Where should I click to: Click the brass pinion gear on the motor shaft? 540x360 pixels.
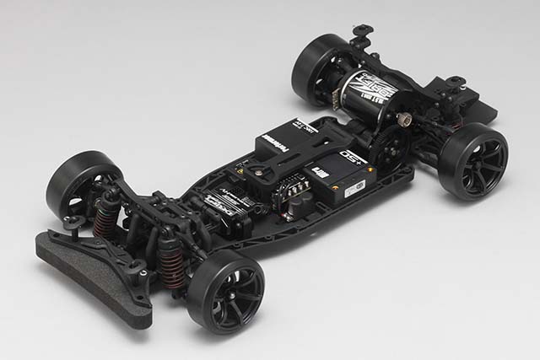pos(404,121)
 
